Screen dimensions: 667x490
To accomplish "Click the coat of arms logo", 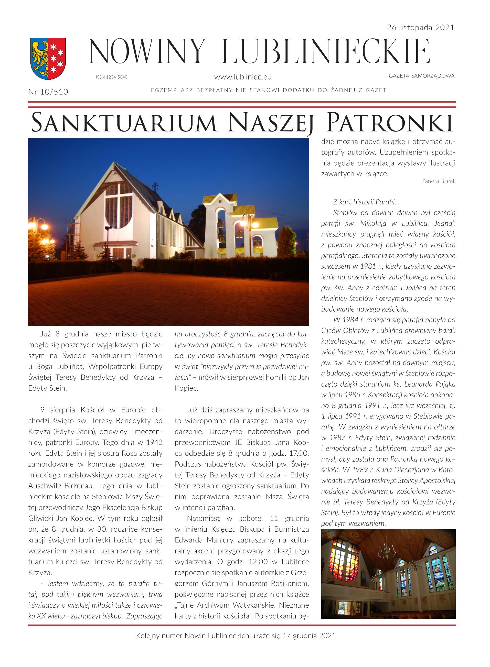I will (48, 58).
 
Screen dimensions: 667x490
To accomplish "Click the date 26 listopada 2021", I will (420, 28).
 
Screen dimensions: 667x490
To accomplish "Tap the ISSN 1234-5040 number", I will (112, 77).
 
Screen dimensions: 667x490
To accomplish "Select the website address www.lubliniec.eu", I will (243, 77).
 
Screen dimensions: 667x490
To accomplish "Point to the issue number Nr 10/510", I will (48, 92).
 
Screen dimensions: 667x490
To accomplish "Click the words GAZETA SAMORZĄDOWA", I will (421, 76).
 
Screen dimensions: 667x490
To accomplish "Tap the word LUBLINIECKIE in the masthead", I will (326, 52).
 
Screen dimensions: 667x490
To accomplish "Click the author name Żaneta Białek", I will (438, 181).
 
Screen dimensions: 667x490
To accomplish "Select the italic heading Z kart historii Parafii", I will (366, 202).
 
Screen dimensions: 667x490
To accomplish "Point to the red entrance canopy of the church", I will (116, 244).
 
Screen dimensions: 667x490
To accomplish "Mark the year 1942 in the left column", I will (154, 443).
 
